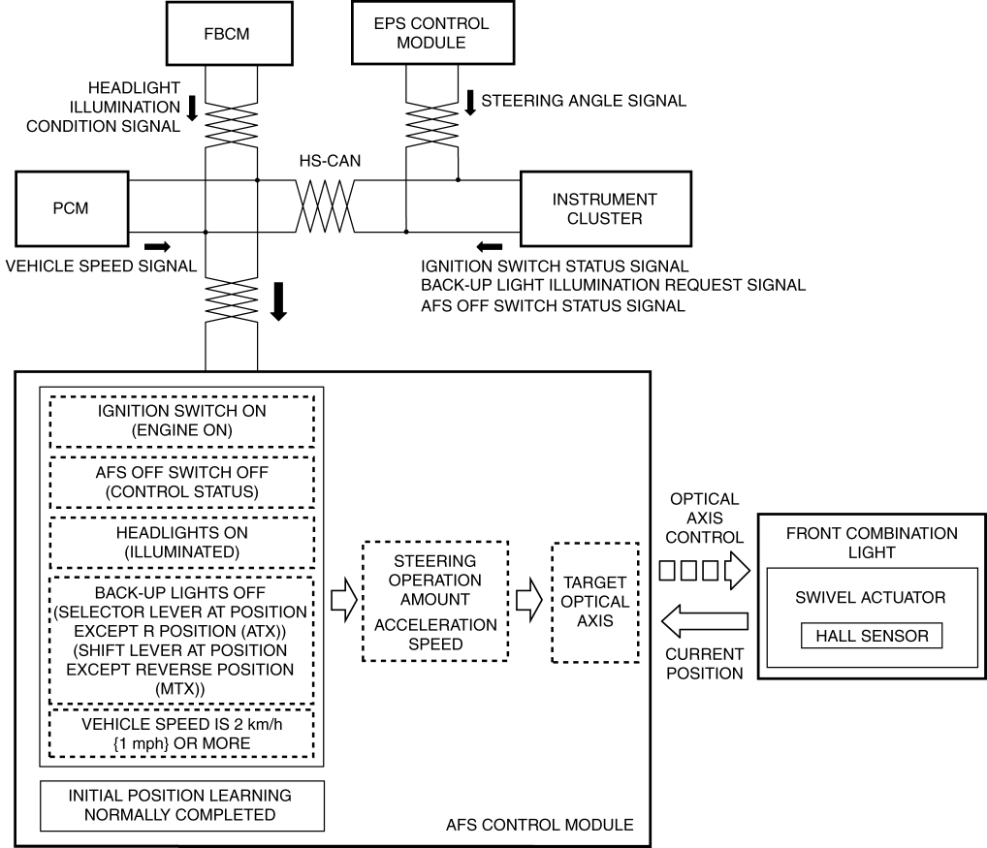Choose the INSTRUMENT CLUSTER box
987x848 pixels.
click(x=605, y=208)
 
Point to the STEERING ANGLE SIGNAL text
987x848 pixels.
click(x=584, y=100)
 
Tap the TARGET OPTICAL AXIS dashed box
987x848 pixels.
click(x=594, y=602)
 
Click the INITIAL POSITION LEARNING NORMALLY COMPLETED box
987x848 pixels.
click(x=179, y=804)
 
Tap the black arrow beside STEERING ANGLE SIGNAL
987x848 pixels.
click(x=471, y=100)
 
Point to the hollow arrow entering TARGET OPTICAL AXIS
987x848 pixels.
click(x=527, y=601)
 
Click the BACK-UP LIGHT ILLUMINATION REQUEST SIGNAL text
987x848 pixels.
click(x=614, y=286)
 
